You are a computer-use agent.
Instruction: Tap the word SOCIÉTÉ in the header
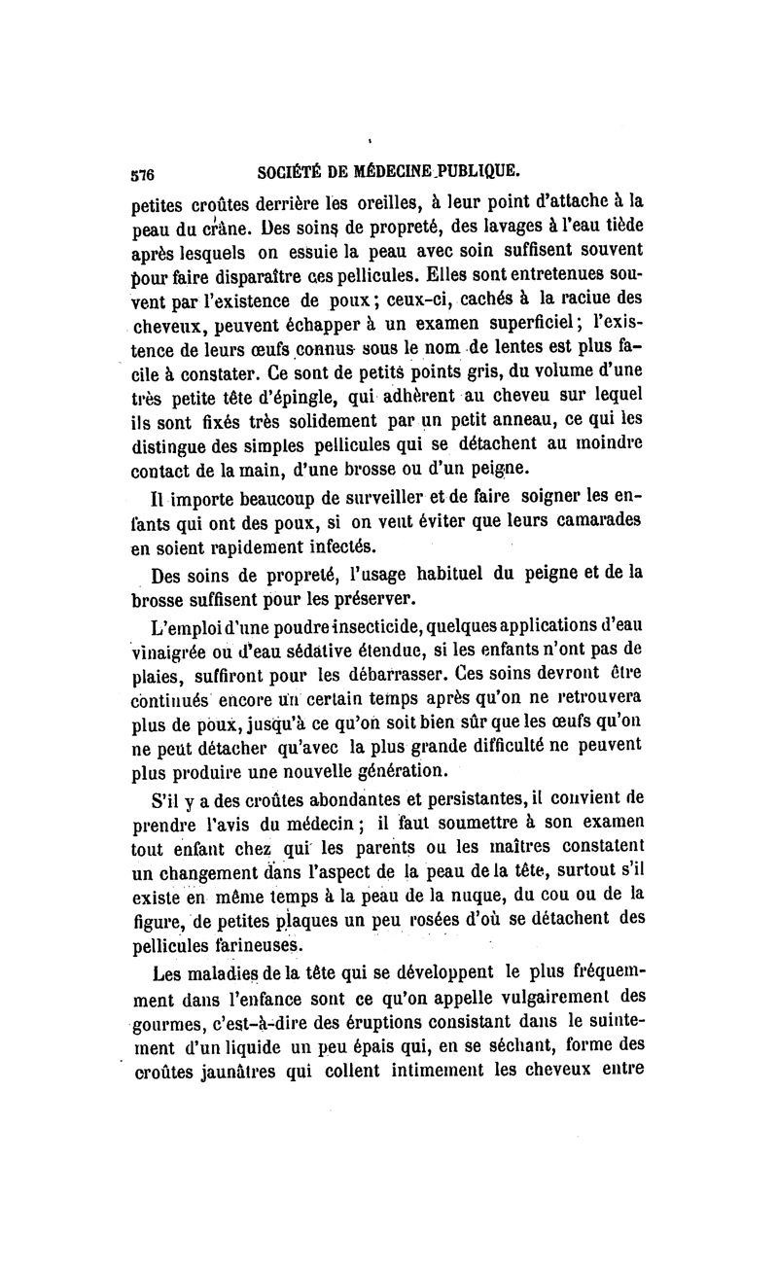coord(288,174)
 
